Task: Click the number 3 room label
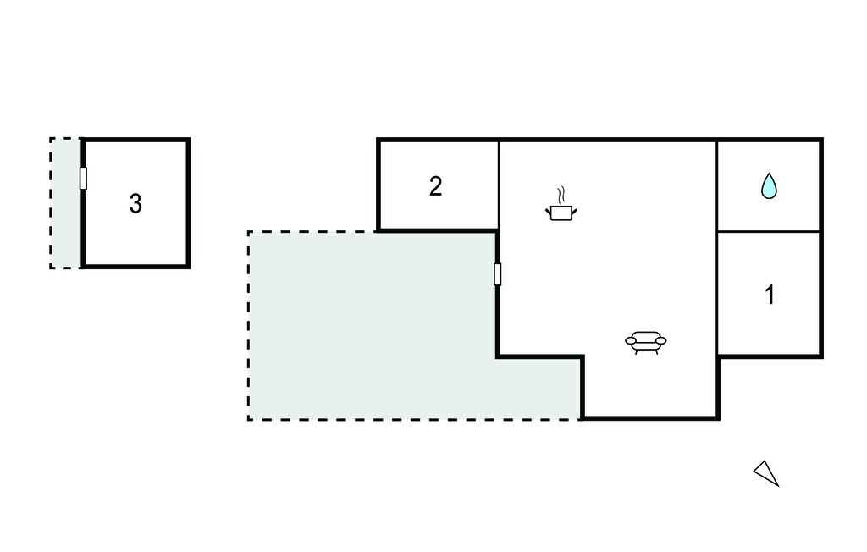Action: pyautogui.click(x=135, y=203)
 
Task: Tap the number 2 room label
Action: pyautogui.click(x=436, y=186)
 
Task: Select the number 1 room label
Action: pyautogui.click(x=770, y=295)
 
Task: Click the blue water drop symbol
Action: pyautogui.click(x=769, y=185)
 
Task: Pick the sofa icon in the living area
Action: pyautogui.click(x=646, y=342)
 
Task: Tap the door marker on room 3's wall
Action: pyautogui.click(x=83, y=178)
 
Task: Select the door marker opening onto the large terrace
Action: pyautogui.click(x=498, y=274)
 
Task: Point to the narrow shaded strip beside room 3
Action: pyautogui.click(x=66, y=203)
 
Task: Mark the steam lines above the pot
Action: pyautogui.click(x=561, y=194)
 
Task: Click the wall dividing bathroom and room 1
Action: pyautogui.click(x=769, y=231)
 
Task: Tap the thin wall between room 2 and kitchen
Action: pyautogui.click(x=500, y=185)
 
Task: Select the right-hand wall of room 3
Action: pyautogui.click(x=189, y=203)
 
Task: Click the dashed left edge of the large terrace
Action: pyautogui.click(x=249, y=325)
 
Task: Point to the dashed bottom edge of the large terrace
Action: pyautogui.click(x=415, y=419)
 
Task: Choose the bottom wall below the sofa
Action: pyautogui.click(x=651, y=418)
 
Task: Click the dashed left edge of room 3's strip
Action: pyautogui.click(x=51, y=203)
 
